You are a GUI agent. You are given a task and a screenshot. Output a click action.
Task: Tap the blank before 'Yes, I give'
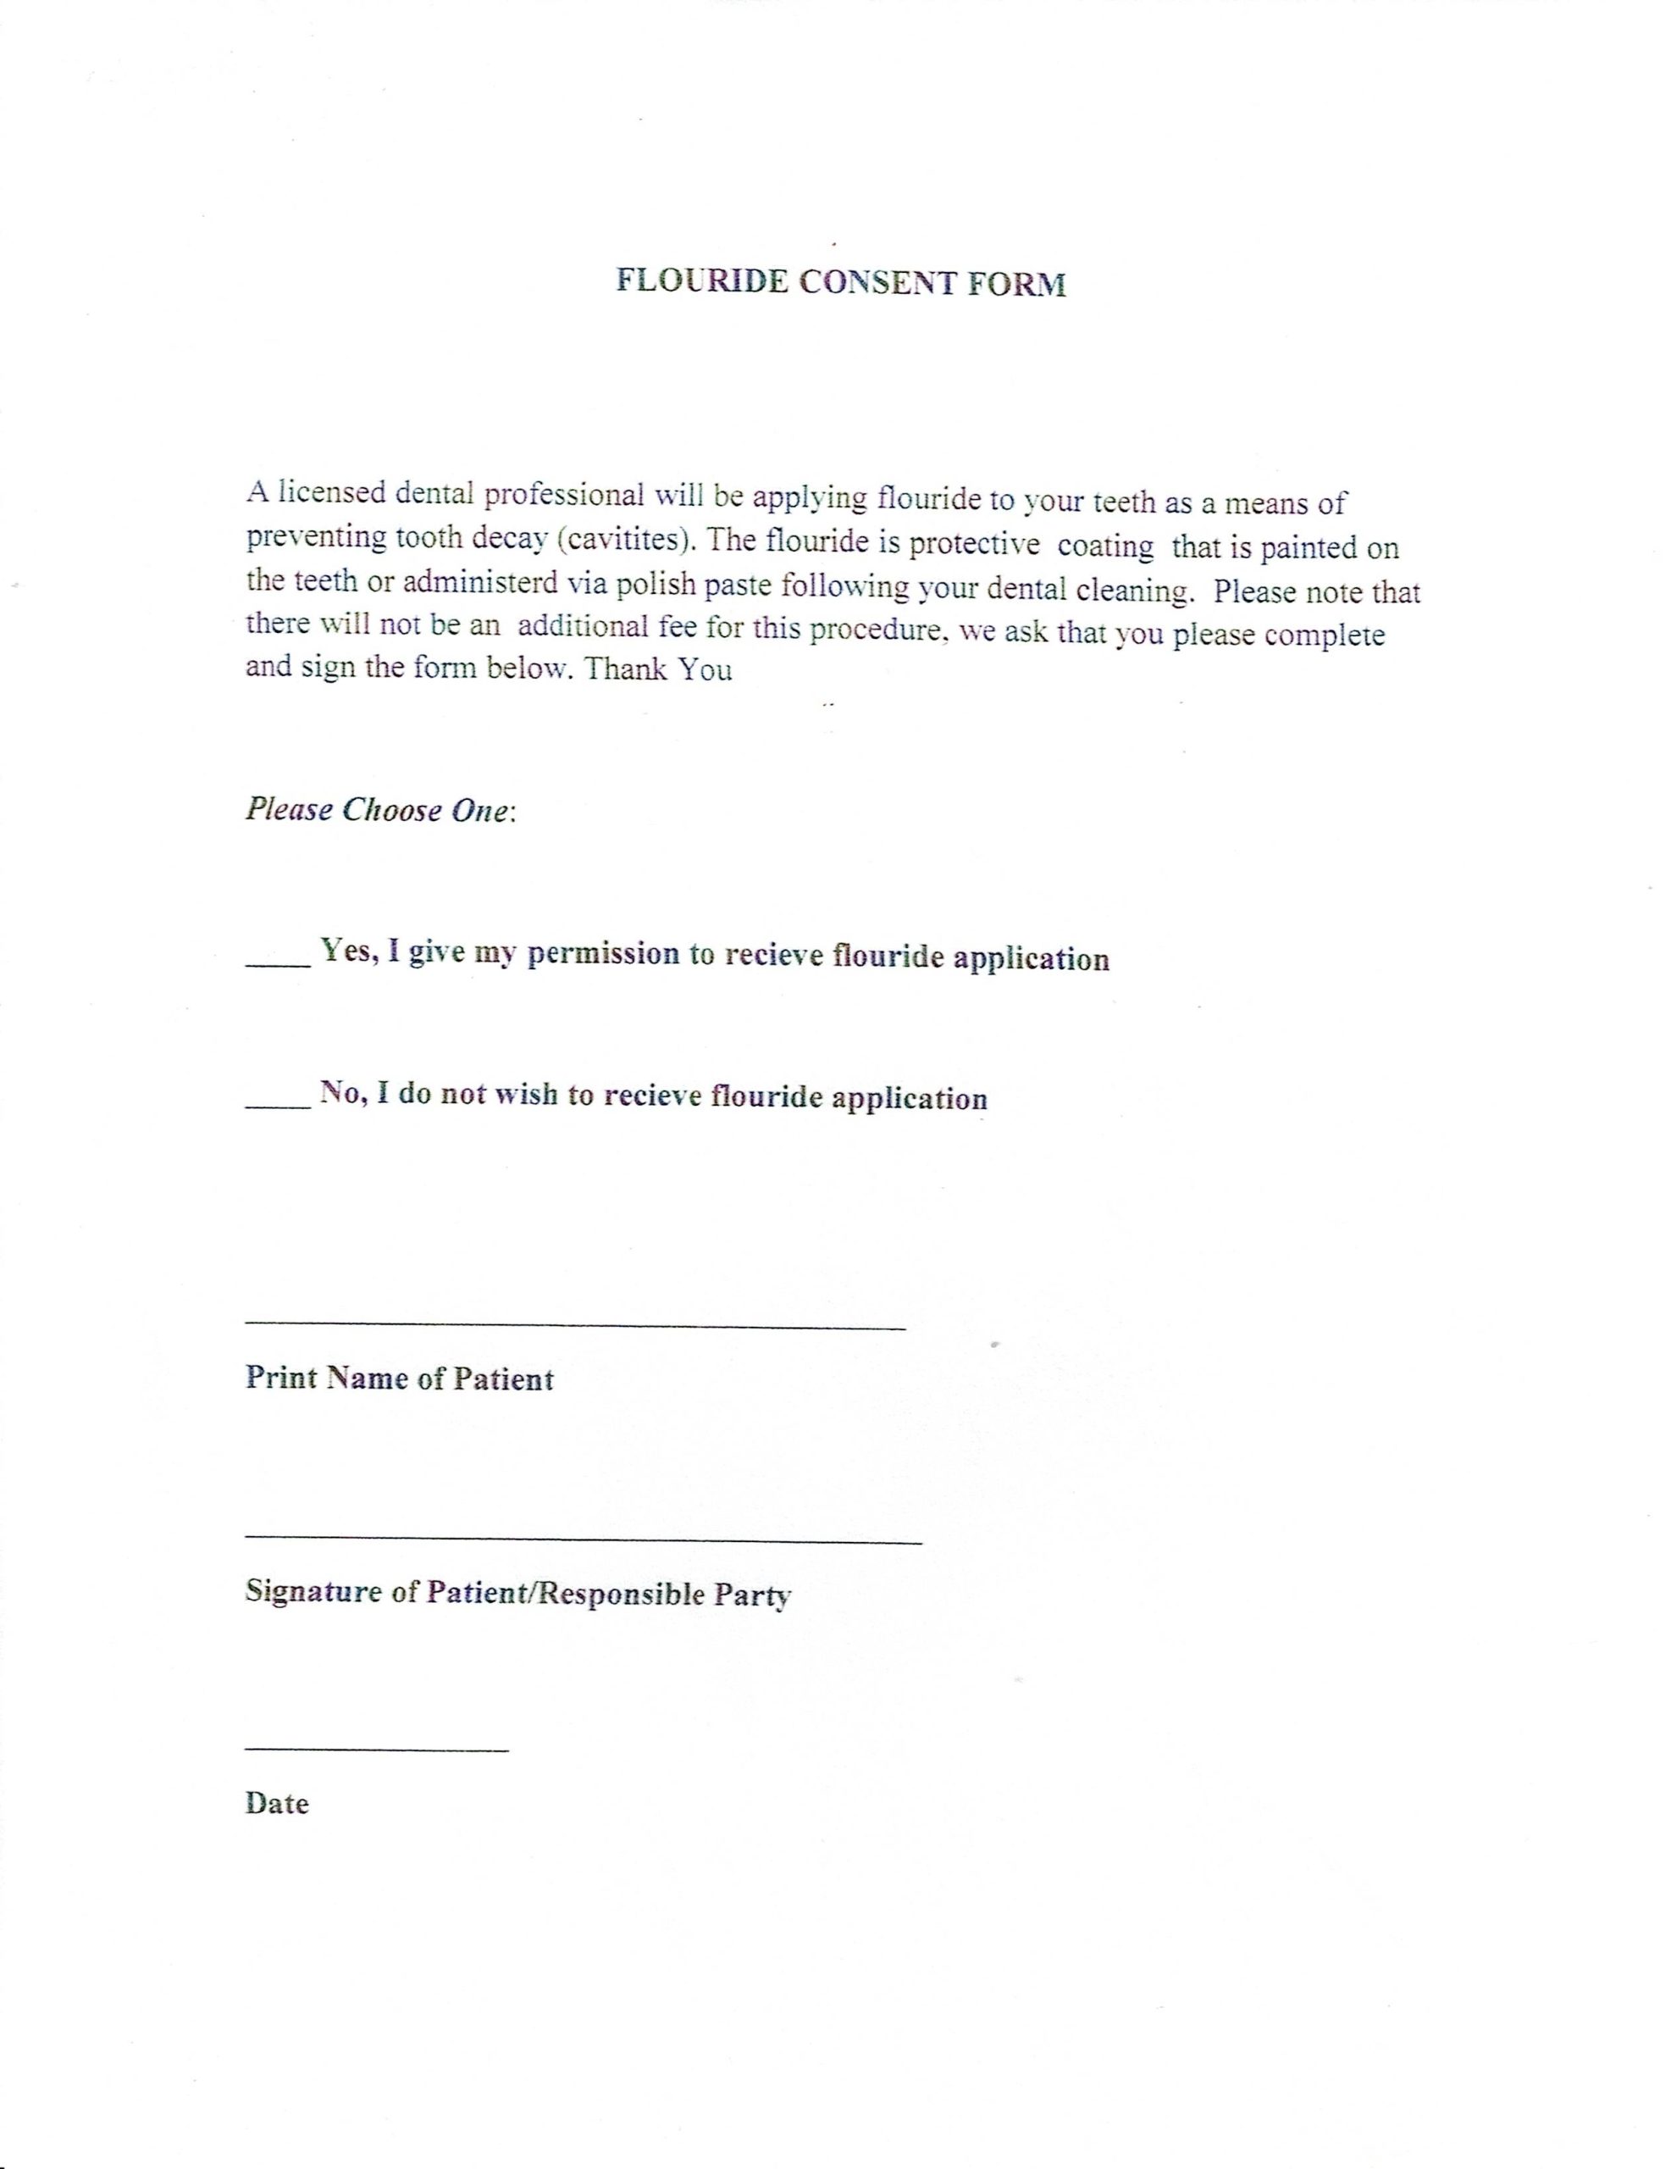pyautogui.click(x=278, y=962)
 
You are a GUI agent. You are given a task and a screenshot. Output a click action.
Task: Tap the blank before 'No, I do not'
pyautogui.click(x=278, y=1102)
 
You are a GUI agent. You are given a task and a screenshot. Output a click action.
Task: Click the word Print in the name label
pyautogui.click(x=281, y=1379)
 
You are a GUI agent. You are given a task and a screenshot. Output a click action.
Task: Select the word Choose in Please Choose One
pyautogui.click(x=391, y=809)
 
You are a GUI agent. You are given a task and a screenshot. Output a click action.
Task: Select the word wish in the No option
pyautogui.click(x=525, y=1096)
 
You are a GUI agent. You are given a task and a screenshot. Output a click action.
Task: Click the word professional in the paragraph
pyautogui.click(x=565, y=495)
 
